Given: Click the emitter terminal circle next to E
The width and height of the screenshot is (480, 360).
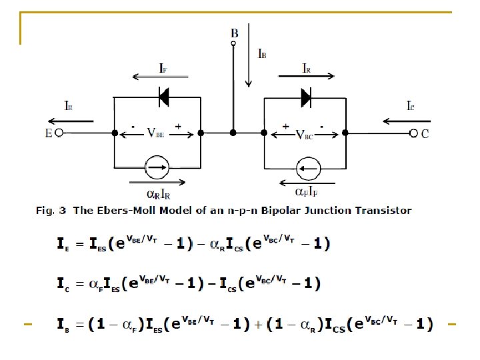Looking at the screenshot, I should tap(59, 133).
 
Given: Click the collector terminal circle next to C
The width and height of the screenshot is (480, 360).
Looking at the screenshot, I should tap(413, 133).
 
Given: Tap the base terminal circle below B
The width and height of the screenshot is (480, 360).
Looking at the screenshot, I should tap(233, 44).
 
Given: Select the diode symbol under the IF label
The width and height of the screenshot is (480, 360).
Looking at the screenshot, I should tap(163, 97).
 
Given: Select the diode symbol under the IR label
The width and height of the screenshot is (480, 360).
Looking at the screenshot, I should tap(306, 97).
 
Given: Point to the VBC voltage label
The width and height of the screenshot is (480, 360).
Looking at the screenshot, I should tap(305, 133).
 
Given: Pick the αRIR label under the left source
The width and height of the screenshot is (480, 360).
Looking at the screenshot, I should tap(159, 194).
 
